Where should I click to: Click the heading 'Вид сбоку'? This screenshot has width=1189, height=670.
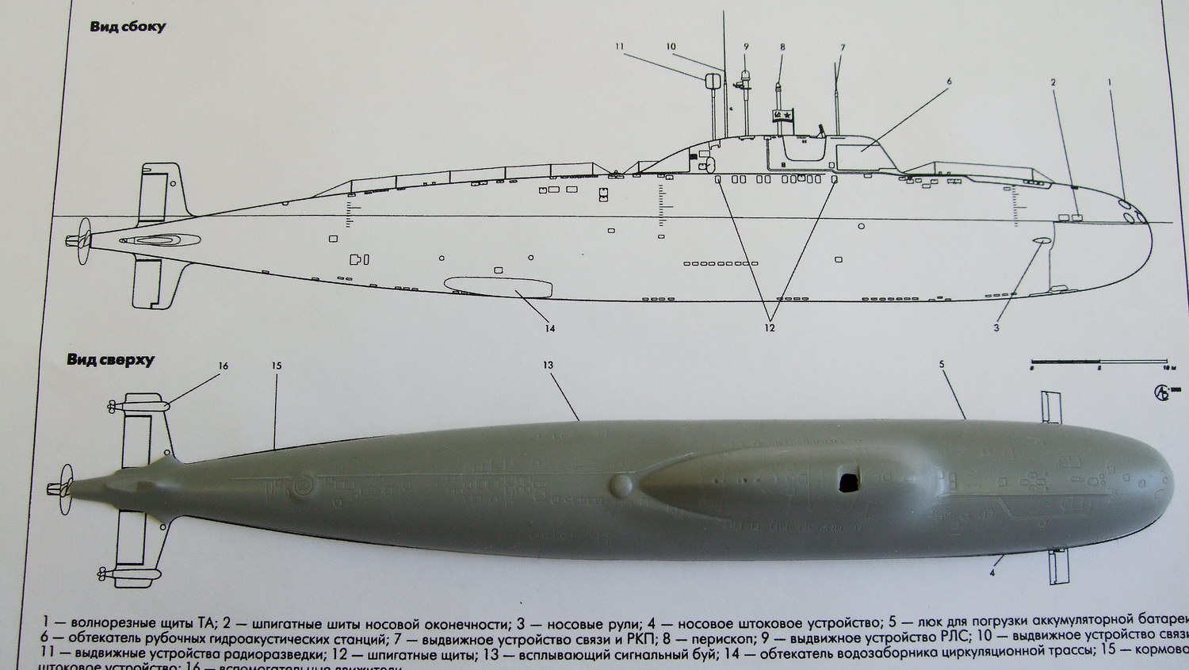(x=128, y=28)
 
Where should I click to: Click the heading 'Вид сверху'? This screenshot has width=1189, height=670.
(x=111, y=361)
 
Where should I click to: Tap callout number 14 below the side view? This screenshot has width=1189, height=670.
(x=549, y=328)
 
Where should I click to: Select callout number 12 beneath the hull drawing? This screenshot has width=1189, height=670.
(x=769, y=327)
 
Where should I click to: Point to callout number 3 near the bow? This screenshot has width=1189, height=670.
(x=996, y=327)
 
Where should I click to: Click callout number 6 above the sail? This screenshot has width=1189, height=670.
(x=949, y=81)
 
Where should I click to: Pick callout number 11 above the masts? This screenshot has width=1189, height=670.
(x=620, y=47)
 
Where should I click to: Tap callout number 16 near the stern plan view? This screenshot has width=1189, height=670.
(x=224, y=366)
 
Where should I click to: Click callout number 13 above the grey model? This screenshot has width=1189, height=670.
(x=548, y=366)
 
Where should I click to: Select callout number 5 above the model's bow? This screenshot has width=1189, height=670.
(x=942, y=365)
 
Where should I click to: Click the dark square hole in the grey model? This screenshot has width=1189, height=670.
(x=848, y=480)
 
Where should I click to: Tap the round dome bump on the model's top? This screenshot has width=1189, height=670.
(x=621, y=484)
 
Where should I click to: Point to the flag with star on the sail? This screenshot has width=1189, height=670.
(x=782, y=116)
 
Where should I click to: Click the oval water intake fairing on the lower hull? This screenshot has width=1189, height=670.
(x=498, y=285)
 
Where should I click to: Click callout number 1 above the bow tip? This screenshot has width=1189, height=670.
(x=1110, y=82)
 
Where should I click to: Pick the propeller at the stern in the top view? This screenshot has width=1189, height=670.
(x=57, y=489)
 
